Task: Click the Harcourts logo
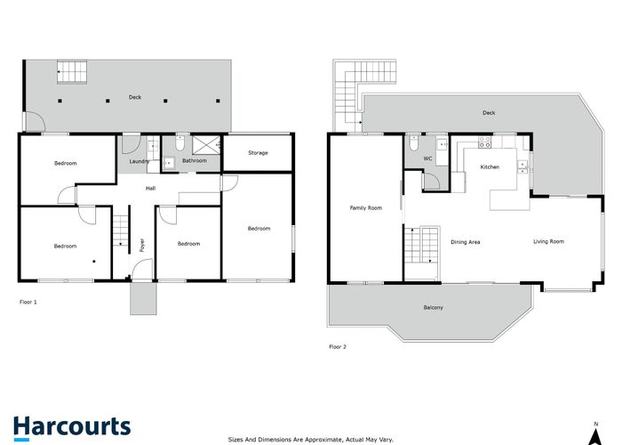click(x=72, y=426)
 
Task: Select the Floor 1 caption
click(x=28, y=302)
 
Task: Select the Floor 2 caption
click(x=337, y=346)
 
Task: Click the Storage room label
click(x=258, y=153)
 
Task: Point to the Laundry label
click(x=139, y=161)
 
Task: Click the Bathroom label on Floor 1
click(x=195, y=161)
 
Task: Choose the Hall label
click(x=151, y=188)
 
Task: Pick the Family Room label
click(x=365, y=208)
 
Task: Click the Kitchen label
click(x=490, y=167)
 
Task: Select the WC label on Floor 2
click(x=427, y=159)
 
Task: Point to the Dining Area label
click(x=465, y=242)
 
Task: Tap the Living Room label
click(x=548, y=241)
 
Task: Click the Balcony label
click(x=433, y=308)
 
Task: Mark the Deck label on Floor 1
click(x=134, y=97)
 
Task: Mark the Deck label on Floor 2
click(x=488, y=113)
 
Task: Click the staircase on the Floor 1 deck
click(x=71, y=69)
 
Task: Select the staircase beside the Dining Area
click(x=421, y=245)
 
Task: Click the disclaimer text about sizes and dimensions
click(x=310, y=439)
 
